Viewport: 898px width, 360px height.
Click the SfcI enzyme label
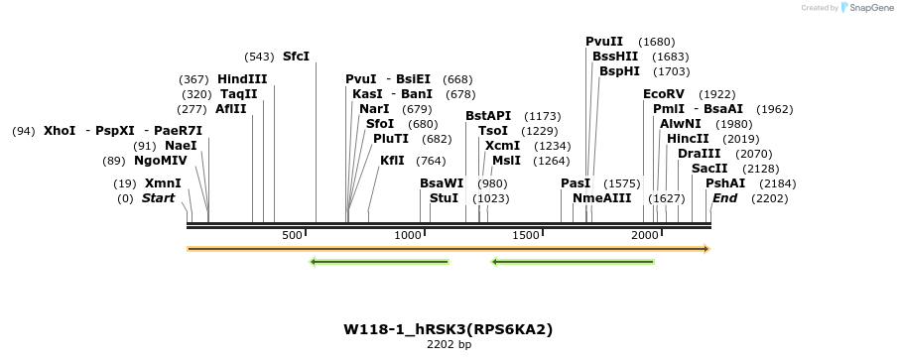(x=296, y=57)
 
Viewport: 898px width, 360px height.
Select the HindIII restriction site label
(x=242, y=79)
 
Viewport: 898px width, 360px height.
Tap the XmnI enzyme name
(x=163, y=183)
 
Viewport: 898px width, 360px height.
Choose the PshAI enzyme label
(x=724, y=183)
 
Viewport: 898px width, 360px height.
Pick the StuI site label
(x=444, y=198)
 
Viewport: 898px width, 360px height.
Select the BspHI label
(x=619, y=71)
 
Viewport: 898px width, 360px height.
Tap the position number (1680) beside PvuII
(x=657, y=42)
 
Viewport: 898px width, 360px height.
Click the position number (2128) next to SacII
(x=760, y=169)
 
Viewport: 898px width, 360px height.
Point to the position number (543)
(x=260, y=57)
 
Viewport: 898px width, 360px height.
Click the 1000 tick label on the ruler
(x=409, y=235)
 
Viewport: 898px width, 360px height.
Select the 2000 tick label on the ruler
(x=646, y=235)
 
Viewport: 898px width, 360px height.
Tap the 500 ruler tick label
(x=292, y=235)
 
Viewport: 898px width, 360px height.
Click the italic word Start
(x=158, y=198)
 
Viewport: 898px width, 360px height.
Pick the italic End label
(x=724, y=198)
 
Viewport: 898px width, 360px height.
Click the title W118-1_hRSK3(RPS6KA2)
(x=449, y=328)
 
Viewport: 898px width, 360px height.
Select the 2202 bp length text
(x=449, y=344)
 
